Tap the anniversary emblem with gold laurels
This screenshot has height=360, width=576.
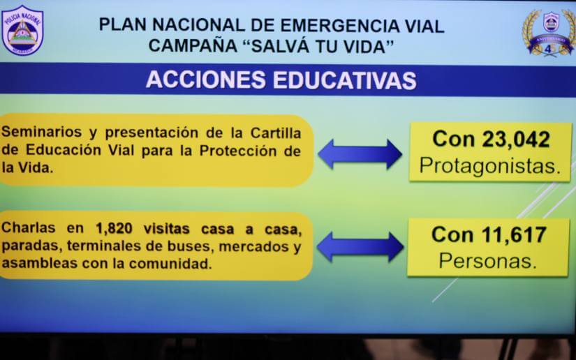click(551, 32)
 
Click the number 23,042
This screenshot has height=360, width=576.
click(515, 139)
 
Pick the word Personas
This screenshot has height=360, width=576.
click(488, 261)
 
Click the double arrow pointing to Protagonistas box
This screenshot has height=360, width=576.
click(360, 154)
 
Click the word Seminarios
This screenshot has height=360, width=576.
click(38, 131)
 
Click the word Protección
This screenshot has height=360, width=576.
click(238, 150)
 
